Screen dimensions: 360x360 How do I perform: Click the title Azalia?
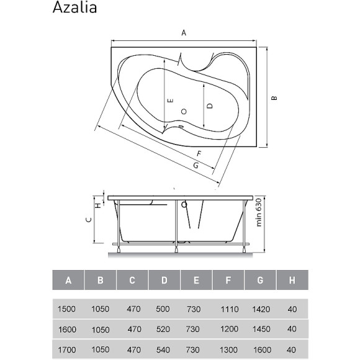coord(74,9)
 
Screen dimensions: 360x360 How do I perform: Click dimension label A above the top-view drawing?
coord(183,34)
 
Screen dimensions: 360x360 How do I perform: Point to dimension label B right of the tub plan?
coord(274,97)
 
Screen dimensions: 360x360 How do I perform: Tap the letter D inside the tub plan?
coord(210,106)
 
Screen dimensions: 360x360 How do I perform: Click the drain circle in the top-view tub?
coord(183,111)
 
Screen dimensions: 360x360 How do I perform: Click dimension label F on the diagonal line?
coord(198,153)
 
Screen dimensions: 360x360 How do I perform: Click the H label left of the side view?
coord(96,202)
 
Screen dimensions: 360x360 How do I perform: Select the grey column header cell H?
coord(292,281)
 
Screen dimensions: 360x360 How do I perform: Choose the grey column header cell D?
coord(164,281)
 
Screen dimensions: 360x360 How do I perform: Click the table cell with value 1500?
coord(68,308)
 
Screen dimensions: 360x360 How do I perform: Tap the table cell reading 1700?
coord(68,349)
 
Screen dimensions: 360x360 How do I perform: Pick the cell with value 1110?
coord(228,308)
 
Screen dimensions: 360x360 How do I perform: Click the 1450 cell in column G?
coord(261,329)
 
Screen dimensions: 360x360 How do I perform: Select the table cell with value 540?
coord(164,349)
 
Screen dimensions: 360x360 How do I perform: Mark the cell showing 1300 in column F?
coord(228,349)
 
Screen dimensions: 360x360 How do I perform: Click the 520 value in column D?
coord(164,329)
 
